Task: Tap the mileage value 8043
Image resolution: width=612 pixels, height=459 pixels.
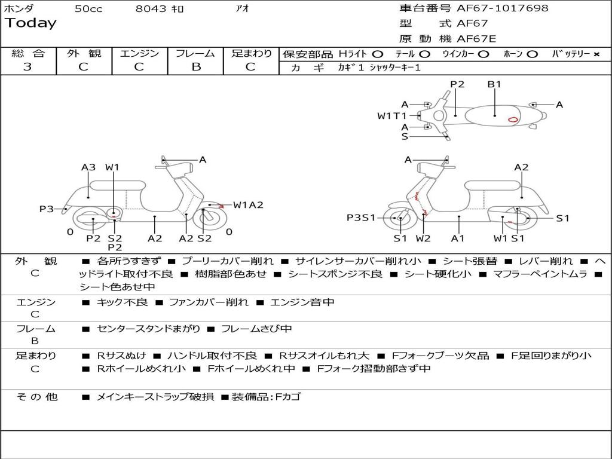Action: pyautogui.click(x=152, y=9)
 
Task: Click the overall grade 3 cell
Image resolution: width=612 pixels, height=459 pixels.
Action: pyautogui.click(x=28, y=67)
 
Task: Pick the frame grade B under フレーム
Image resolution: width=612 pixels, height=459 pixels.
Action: pyautogui.click(x=195, y=67)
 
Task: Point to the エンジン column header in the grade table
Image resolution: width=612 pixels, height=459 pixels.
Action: pyautogui.click(x=139, y=53)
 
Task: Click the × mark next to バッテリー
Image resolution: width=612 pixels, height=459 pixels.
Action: pyautogui.click(x=596, y=54)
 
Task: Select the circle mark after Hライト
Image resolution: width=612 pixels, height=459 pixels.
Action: pyautogui.click(x=378, y=54)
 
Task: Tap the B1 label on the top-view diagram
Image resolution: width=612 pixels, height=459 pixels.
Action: pyautogui.click(x=494, y=84)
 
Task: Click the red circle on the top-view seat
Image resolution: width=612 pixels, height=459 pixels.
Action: pyautogui.click(x=513, y=119)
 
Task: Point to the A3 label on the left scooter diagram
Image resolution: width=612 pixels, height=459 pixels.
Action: pyautogui.click(x=88, y=167)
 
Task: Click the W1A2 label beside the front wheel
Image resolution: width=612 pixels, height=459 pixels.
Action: pyautogui.click(x=248, y=205)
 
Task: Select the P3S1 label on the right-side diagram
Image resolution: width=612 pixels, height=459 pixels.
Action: pyautogui.click(x=361, y=218)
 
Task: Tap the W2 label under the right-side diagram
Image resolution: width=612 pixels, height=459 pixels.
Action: pyautogui.click(x=423, y=238)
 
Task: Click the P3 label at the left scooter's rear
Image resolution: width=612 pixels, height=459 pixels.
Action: pyautogui.click(x=47, y=209)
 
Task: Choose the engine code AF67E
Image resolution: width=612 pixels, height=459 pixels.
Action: pyautogui.click(x=476, y=39)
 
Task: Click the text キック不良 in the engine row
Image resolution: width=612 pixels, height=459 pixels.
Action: pyautogui.click(x=122, y=302)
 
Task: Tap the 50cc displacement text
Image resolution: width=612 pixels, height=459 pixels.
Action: pyautogui.click(x=88, y=9)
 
